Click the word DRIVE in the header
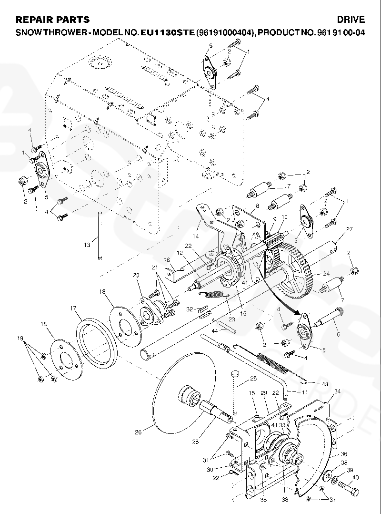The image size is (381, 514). pyautogui.click(x=351, y=20)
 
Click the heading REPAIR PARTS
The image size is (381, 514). pyautogui.click(x=52, y=20)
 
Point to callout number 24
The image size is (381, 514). pyautogui.click(x=326, y=274)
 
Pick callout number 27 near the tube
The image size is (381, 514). pyautogui.click(x=349, y=229)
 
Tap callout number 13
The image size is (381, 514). pyautogui.click(x=86, y=245)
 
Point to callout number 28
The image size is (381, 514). pyautogui.click(x=195, y=442)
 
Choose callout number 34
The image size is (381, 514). pyautogui.click(x=337, y=391)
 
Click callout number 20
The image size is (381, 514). pyautogui.click(x=136, y=275)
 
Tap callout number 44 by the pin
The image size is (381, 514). pyautogui.click(x=214, y=330)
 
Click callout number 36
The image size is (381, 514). pyautogui.click(x=344, y=453)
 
